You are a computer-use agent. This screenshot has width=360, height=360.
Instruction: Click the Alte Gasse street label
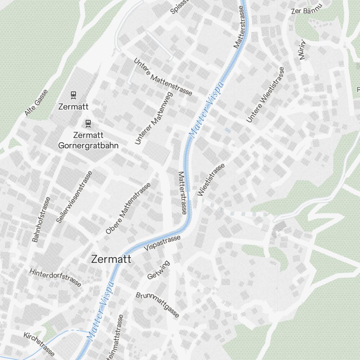coord(36,103)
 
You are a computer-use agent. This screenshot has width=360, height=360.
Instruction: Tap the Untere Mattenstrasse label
coord(163,77)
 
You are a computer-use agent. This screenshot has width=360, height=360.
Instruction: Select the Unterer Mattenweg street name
coord(154,118)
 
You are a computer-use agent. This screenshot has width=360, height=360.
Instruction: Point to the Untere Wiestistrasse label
coord(265,95)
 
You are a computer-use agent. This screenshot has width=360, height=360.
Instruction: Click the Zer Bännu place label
coord(306,11)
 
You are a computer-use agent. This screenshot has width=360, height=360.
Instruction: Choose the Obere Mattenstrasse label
coord(128,208)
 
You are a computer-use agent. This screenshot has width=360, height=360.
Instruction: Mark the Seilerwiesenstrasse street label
coord(75,197)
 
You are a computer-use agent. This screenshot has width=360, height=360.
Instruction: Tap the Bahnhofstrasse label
coord(41,219)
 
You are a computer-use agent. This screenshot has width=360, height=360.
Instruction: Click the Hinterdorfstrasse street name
coord(55,277)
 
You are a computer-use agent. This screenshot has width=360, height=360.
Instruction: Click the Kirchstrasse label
coord(39,343)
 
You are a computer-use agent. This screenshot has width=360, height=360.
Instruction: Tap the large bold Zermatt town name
coord(111,259)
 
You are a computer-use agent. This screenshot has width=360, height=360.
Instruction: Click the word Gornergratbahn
coord(88,146)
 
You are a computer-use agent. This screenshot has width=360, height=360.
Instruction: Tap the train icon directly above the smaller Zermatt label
coord(73,95)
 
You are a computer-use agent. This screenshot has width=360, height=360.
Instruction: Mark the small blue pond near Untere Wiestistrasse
coord(227,130)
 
